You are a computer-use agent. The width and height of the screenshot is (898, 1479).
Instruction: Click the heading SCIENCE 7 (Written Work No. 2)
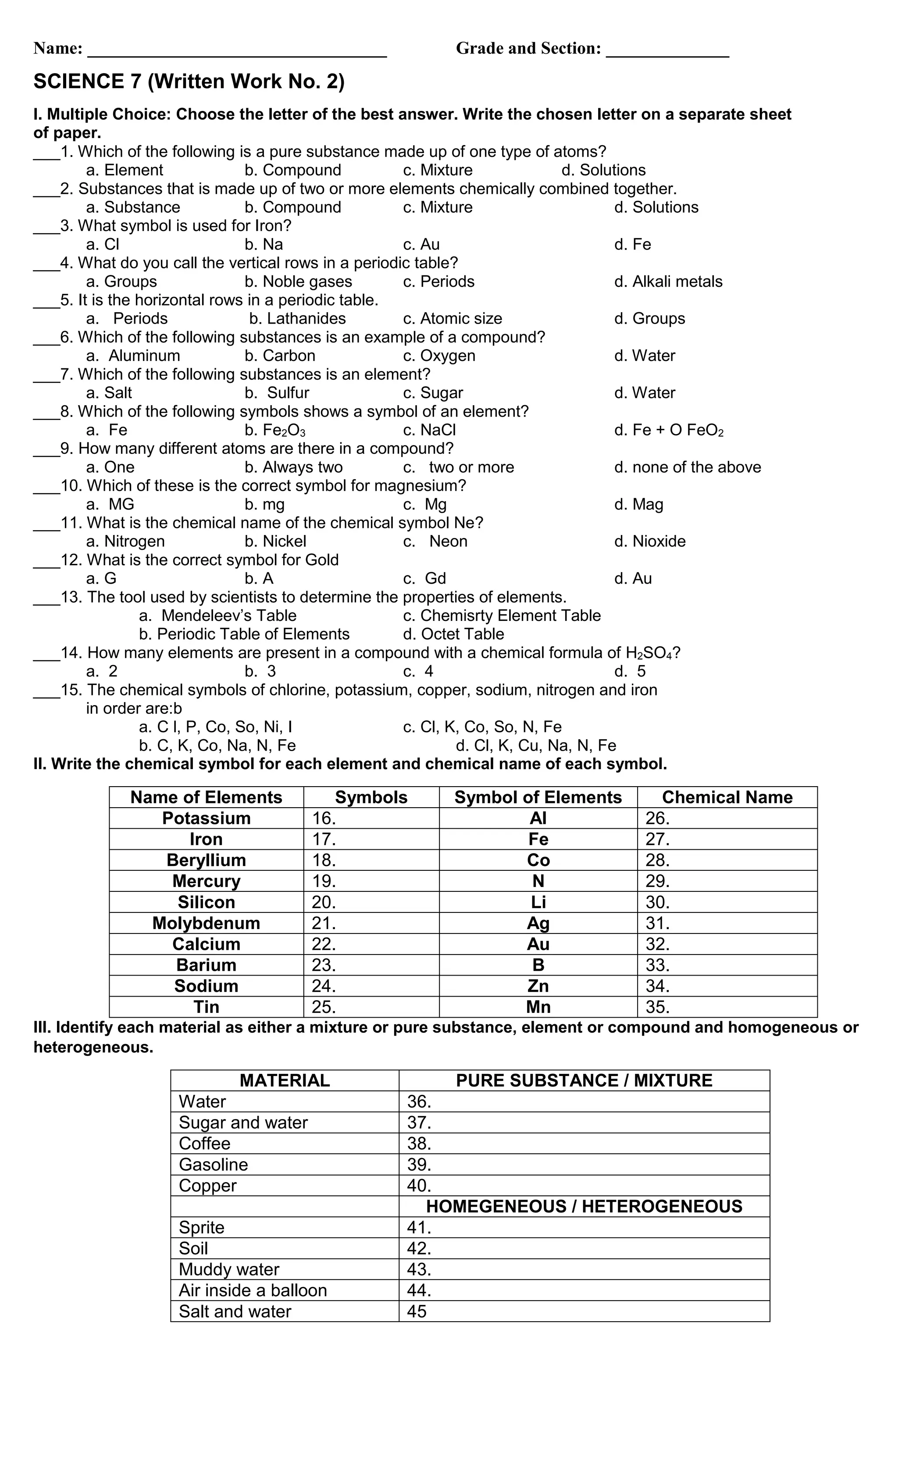(189, 82)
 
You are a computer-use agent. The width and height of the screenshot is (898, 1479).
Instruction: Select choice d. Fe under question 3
(632, 244)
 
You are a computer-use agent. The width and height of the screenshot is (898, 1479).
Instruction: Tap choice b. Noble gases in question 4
(298, 282)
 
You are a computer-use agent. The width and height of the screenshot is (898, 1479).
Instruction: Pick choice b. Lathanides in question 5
(297, 319)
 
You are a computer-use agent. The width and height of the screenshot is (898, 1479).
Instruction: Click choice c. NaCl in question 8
(429, 431)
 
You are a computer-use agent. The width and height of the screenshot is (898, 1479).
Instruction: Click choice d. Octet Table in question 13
(453, 634)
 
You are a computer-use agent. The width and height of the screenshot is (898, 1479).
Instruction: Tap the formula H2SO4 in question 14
(649, 653)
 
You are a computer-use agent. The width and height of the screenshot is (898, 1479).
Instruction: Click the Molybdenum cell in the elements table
(206, 923)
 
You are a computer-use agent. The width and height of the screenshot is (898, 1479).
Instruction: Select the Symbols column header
(371, 797)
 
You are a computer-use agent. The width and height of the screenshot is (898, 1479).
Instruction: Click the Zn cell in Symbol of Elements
(538, 986)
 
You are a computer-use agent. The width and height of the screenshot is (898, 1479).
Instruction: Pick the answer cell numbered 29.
(726, 881)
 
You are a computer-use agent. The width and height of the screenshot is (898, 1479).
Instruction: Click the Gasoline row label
(213, 1165)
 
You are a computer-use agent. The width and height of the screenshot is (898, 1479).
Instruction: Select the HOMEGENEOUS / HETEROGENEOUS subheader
(584, 1207)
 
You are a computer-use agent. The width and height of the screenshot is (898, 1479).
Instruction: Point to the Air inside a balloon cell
(253, 1290)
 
